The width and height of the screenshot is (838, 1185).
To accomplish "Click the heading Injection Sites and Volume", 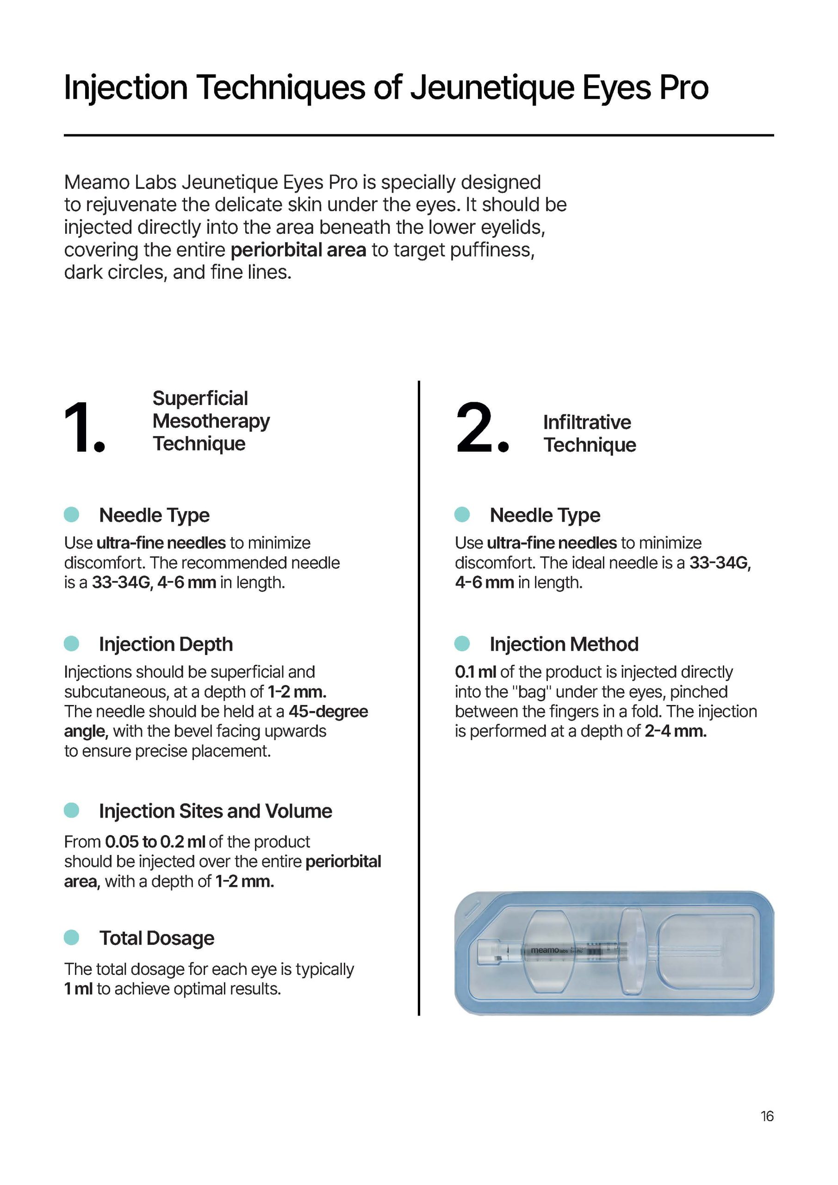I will (x=215, y=811).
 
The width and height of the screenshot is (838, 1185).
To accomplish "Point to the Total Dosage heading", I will (x=156, y=938).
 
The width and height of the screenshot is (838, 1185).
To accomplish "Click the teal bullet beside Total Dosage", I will (x=71, y=937).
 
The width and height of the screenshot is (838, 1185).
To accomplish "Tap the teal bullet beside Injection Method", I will (x=462, y=643).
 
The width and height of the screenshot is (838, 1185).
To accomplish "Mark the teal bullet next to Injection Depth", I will (x=71, y=643).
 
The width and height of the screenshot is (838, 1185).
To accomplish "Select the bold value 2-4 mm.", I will (x=675, y=731).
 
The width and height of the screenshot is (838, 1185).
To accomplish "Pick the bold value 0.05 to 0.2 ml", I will (x=155, y=842).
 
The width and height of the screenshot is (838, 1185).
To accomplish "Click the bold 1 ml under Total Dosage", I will (x=78, y=989).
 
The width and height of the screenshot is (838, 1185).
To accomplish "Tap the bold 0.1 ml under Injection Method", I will (x=475, y=672).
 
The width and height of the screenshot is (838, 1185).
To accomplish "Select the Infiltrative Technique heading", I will (x=589, y=434).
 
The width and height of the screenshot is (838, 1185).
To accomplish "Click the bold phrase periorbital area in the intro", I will (x=298, y=250).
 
